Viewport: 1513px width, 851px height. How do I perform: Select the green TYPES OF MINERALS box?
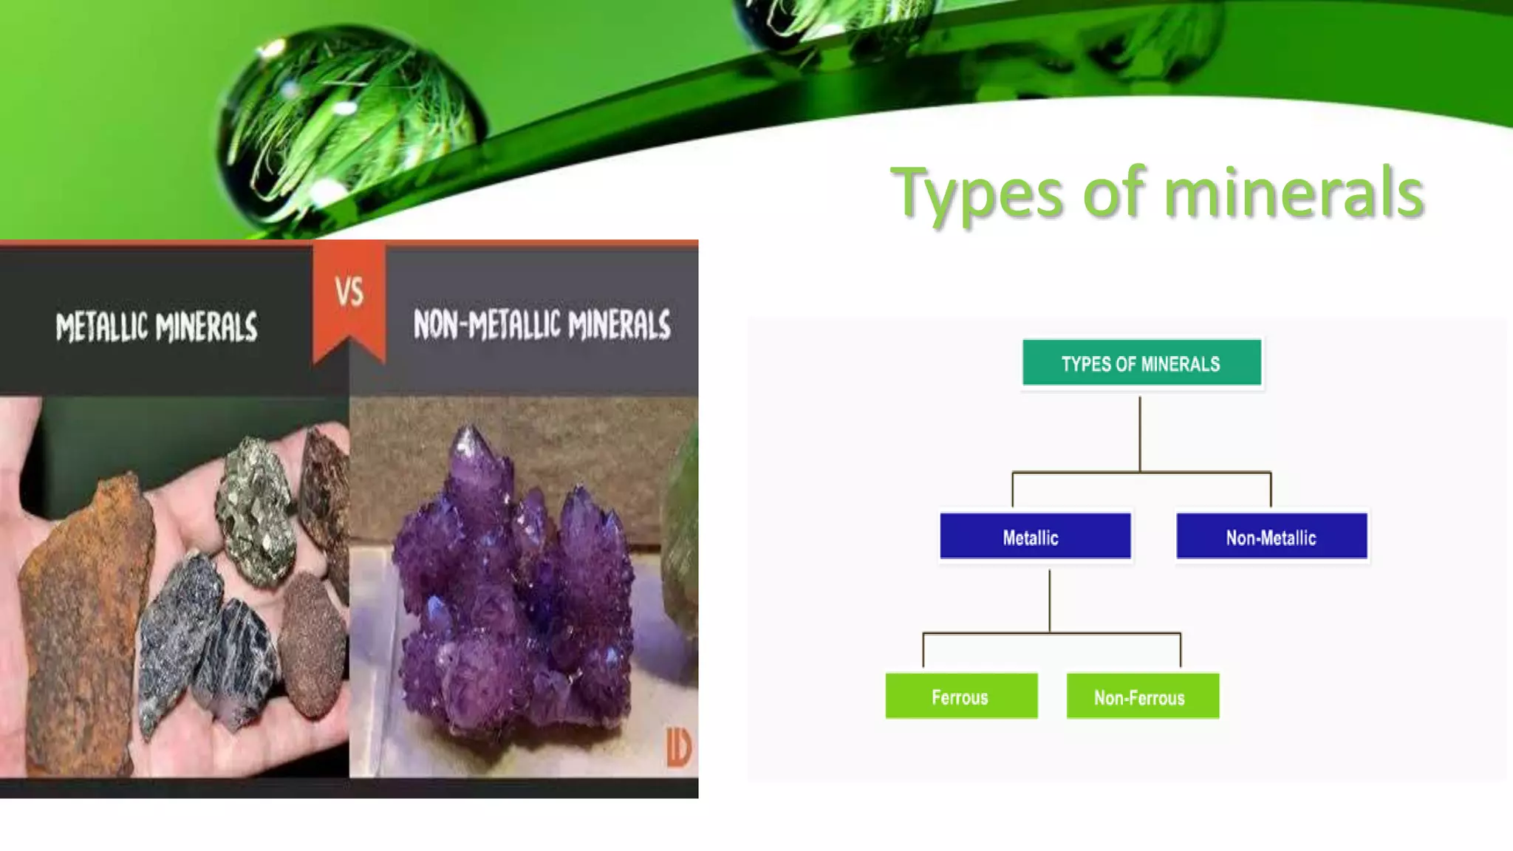coord(1141,363)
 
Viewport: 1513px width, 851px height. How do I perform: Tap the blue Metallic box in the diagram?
coord(1034,536)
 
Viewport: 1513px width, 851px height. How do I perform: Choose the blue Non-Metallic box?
coord(1271,536)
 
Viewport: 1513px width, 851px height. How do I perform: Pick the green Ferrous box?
coord(961,696)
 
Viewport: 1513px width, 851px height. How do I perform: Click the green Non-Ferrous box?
coord(1142,696)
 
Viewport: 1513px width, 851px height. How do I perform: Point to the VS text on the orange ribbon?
coord(349,293)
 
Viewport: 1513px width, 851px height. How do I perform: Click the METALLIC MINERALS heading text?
coord(157,327)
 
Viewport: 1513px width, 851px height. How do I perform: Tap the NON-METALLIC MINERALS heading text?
coord(542,325)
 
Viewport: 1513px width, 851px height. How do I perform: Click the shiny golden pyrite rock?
coord(255,510)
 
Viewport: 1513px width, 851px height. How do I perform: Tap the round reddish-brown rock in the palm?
coord(314,643)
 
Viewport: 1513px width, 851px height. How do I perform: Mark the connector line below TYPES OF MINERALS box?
coord(1140,434)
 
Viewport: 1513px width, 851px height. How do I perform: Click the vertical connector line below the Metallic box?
coord(1049,600)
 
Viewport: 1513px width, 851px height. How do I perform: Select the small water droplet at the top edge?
coord(835,22)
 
